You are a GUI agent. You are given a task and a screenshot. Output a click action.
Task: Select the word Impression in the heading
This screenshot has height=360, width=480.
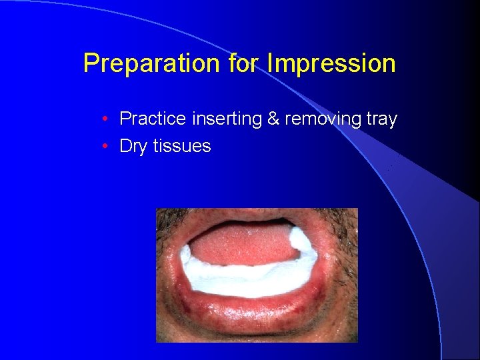tap(331, 64)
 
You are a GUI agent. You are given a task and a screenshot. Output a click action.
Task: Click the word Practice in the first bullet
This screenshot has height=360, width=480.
tap(153, 119)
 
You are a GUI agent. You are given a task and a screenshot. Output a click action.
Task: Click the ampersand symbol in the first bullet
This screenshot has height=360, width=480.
tap(273, 119)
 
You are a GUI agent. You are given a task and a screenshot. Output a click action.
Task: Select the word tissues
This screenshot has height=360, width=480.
tap(181, 146)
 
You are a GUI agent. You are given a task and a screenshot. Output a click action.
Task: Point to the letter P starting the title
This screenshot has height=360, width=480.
tap(90, 64)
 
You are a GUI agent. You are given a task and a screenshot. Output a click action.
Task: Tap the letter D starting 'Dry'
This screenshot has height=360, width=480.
tap(125, 146)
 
